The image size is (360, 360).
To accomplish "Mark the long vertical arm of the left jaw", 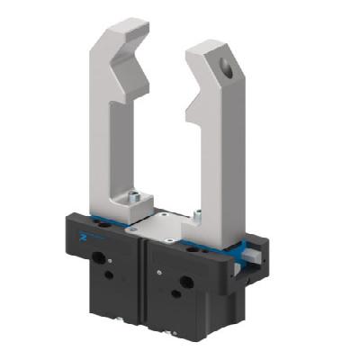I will [x=101, y=126].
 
